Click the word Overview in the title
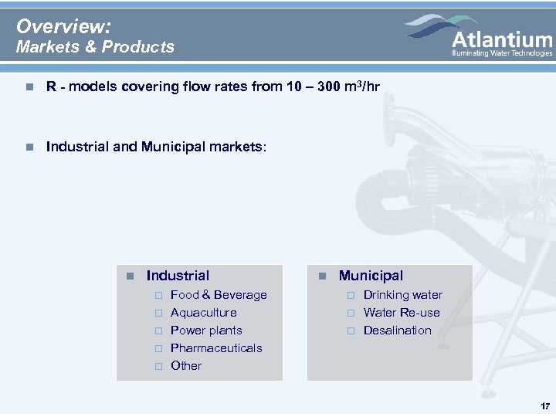[63, 26]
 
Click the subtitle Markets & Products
[96, 47]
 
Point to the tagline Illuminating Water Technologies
[502, 53]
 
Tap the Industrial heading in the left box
[178, 276]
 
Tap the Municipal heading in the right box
[371, 276]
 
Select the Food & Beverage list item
[219, 295]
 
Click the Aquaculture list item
[203, 313]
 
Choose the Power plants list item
[206, 331]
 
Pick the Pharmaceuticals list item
[216, 348]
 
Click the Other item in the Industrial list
[186, 366]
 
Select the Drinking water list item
[403, 295]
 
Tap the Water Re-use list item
[402, 313]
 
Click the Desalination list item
[398, 331]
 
